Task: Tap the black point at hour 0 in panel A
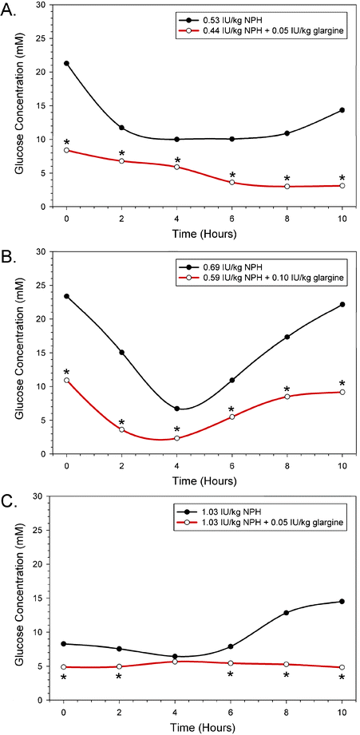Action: pos(66,63)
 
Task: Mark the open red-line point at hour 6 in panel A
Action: pos(231,183)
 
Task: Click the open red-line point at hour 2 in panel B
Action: pos(121,429)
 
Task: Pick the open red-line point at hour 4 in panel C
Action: pos(176,662)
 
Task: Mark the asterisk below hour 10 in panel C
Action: pos(342,678)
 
